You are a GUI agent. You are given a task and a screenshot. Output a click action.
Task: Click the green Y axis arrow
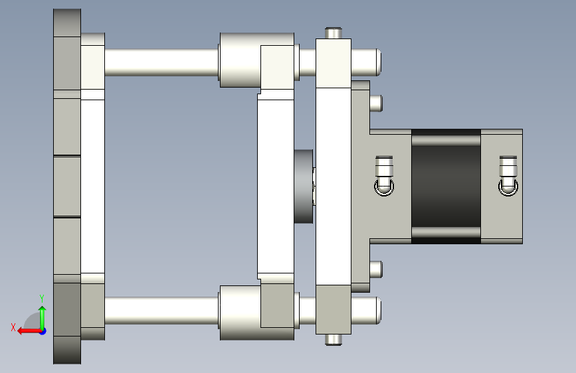(x=43, y=318)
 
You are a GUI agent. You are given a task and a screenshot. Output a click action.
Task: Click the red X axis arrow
(x=29, y=331)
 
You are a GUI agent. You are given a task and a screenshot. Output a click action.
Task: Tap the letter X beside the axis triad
(x=13, y=327)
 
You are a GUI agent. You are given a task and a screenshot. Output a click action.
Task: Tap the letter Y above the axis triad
(x=42, y=298)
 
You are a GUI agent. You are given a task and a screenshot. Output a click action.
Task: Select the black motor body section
(x=446, y=186)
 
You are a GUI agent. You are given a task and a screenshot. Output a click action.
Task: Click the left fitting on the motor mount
(x=384, y=176)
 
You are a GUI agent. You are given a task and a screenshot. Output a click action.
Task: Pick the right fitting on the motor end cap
(x=508, y=176)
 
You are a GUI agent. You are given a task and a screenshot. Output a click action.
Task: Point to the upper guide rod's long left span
(x=161, y=62)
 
